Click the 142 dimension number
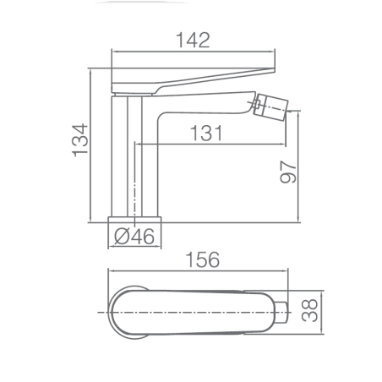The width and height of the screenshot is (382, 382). [x=193, y=40]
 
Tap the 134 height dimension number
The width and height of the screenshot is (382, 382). [x=80, y=140]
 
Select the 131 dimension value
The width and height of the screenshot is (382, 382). [x=206, y=133]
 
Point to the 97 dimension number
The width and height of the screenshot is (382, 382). [x=288, y=172]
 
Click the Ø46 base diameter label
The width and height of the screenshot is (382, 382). [x=134, y=236]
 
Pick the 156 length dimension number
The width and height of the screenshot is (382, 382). [x=203, y=259]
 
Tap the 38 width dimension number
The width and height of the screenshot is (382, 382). [x=309, y=310]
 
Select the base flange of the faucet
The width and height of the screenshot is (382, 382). [x=134, y=220]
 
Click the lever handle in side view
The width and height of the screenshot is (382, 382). [x=194, y=80]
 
